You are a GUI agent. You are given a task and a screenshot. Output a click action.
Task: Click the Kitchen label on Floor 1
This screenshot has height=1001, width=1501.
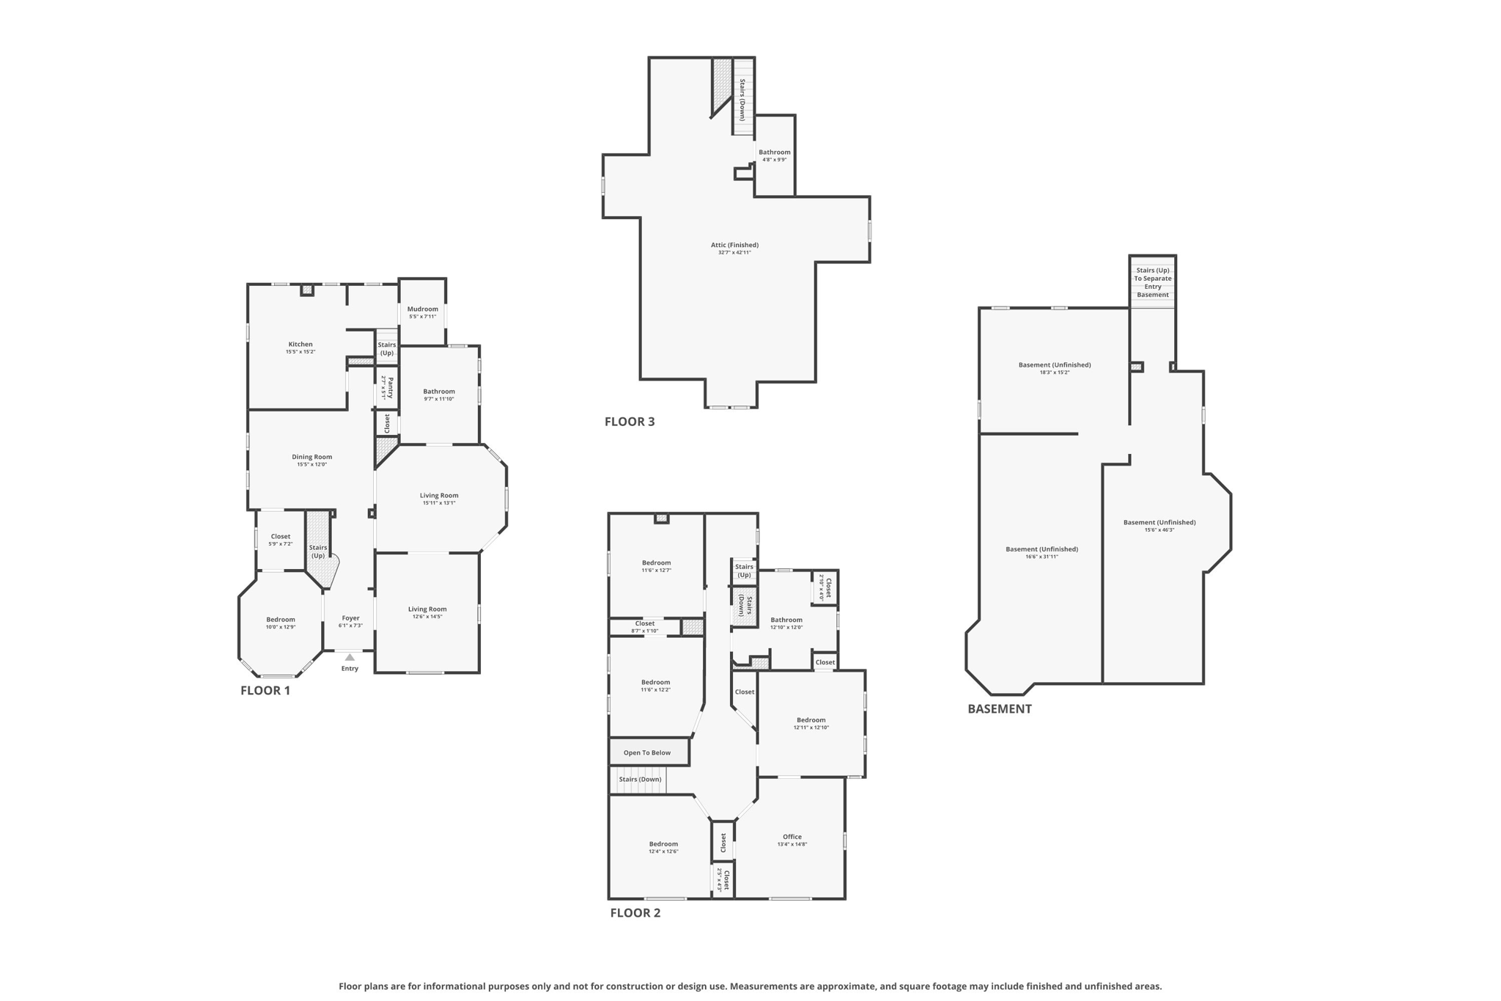[x=300, y=345]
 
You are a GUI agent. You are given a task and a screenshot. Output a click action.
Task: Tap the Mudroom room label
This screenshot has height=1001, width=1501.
[x=422, y=309]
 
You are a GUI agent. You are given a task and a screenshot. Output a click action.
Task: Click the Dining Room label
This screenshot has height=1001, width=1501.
[x=311, y=457]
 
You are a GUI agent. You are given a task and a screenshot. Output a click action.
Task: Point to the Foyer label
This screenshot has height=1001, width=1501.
[x=350, y=618]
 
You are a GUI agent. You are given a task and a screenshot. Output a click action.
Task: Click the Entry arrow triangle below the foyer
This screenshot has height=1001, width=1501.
[x=350, y=657]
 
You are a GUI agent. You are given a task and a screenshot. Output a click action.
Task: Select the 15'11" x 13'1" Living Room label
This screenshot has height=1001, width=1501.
[x=439, y=496]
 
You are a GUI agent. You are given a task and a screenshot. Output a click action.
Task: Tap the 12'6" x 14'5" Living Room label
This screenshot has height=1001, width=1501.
[x=427, y=609]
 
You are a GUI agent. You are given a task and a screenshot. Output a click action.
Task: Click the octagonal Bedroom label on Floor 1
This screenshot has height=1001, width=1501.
[x=281, y=620]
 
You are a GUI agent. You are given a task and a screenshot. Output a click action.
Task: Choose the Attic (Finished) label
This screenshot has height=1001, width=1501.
[x=734, y=246]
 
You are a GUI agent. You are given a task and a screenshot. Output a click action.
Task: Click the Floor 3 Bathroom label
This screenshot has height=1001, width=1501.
[x=774, y=153]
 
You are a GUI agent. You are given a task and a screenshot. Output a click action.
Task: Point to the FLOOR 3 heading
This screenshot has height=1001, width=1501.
[x=630, y=422]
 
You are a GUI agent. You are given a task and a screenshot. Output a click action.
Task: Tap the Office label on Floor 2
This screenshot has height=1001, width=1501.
[x=792, y=837]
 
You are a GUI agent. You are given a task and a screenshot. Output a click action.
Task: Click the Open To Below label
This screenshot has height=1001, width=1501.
[x=646, y=752]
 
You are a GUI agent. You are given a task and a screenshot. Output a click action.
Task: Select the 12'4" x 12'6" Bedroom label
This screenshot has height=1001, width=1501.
[x=663, y=844]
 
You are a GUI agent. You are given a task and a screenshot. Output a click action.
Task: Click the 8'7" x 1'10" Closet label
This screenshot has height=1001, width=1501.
[x=645, y=624]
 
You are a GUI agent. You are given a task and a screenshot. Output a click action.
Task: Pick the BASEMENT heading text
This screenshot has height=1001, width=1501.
[x=999, y=709]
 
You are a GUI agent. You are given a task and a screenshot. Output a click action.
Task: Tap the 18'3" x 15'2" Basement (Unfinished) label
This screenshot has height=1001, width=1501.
[x=1054, y=365]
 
